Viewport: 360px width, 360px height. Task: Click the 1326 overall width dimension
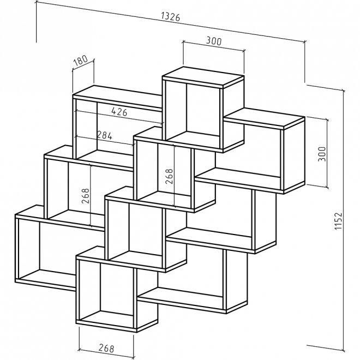(171, 16)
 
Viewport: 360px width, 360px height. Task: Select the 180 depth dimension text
(80, 61)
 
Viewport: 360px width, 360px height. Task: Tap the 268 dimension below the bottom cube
(106, 347)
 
